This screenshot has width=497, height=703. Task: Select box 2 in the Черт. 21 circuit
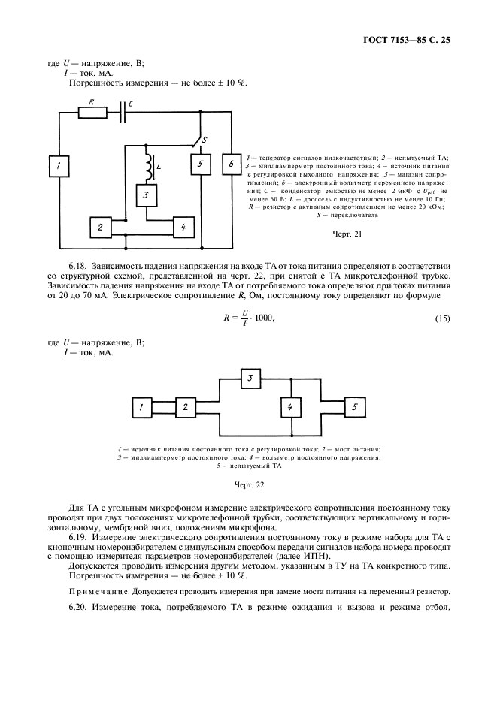[100, 226]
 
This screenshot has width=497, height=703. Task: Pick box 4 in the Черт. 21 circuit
[184, 226]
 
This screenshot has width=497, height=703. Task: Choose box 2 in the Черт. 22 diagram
[184, 407]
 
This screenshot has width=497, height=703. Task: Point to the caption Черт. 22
[250, 484]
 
